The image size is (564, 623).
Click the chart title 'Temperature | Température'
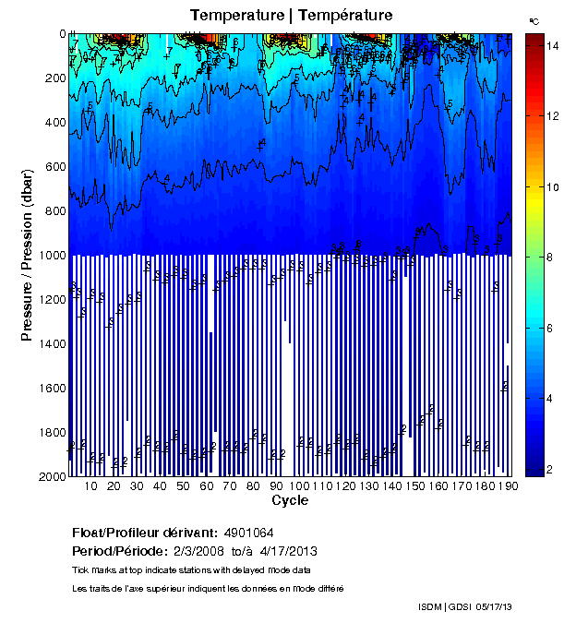(292, 15)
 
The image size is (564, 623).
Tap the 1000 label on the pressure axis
(49, 256)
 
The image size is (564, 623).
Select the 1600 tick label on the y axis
(49, 389)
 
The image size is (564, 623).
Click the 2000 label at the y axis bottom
(49, 477)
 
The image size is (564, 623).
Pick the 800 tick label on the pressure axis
(53, 211)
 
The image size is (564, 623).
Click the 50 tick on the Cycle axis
(183, 486)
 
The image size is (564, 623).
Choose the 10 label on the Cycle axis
(90, 486)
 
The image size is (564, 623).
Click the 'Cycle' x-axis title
(290, 500)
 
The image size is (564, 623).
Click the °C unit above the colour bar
(534, 19)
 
